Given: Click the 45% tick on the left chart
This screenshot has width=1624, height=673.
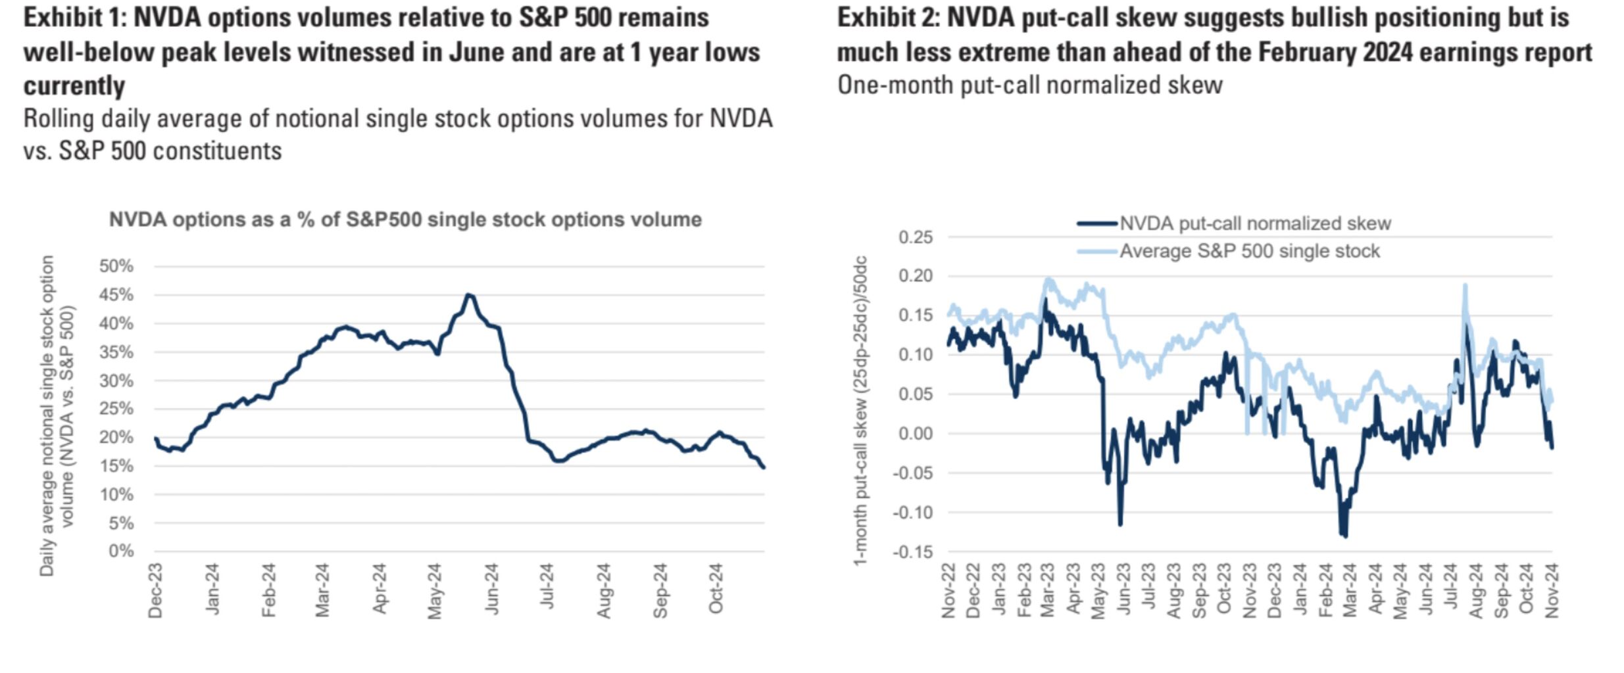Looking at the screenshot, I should point(116,295).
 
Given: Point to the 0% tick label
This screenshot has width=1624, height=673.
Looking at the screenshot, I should point(121,551).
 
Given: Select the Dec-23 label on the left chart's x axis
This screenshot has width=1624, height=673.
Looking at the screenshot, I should point(155,591).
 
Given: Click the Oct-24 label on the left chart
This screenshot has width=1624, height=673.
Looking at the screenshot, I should point(716,588).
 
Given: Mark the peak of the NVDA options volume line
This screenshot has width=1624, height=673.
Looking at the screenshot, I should point(469,295).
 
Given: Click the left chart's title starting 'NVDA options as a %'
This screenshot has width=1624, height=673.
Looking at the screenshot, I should point(405,220).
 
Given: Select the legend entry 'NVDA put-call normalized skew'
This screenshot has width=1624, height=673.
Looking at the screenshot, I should point(1254,223).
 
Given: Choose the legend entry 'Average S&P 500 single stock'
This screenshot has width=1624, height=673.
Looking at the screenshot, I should point(1249,251).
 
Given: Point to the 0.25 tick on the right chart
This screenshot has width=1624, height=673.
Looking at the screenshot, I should point(916,237).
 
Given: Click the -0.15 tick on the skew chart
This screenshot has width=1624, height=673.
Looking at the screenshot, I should point(913,552).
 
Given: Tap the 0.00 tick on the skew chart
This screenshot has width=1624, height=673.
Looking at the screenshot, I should point(916,434).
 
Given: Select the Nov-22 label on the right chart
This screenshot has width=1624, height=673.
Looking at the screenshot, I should point(948,591).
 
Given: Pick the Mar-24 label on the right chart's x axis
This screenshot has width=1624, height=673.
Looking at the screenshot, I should point(1350,591).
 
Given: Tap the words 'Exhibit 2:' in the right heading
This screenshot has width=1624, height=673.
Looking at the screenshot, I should point(887,18).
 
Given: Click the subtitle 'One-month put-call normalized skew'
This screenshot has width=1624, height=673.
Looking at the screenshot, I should point(1029,85).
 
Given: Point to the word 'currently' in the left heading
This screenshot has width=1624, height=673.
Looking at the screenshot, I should point(74,86).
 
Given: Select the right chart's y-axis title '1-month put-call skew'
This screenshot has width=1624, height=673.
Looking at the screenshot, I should point(860,411).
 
